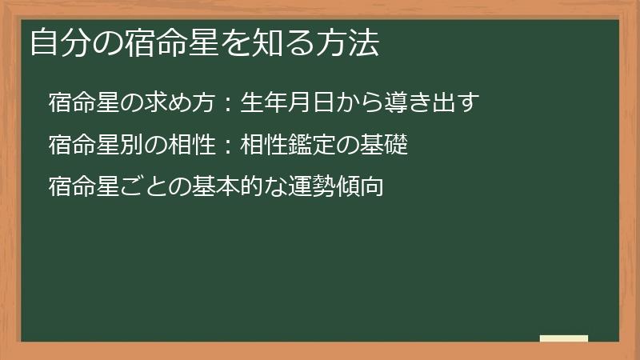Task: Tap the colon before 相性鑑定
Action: [x=227, y=146]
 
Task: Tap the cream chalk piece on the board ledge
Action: [x=564, y=338]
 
